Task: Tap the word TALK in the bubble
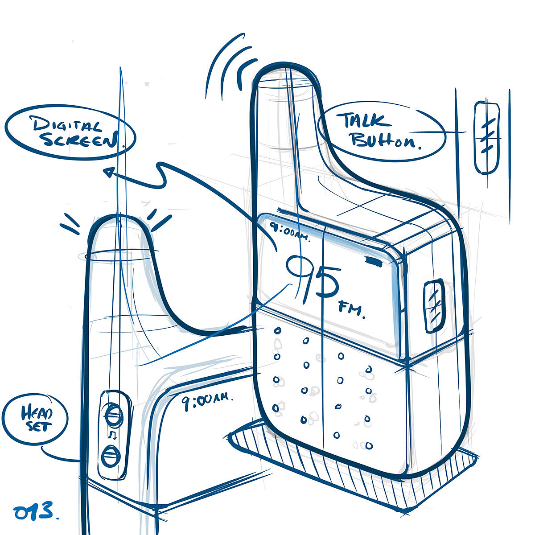point(364,120)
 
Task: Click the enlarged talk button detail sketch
point(486,137)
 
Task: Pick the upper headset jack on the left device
point(114,415)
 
